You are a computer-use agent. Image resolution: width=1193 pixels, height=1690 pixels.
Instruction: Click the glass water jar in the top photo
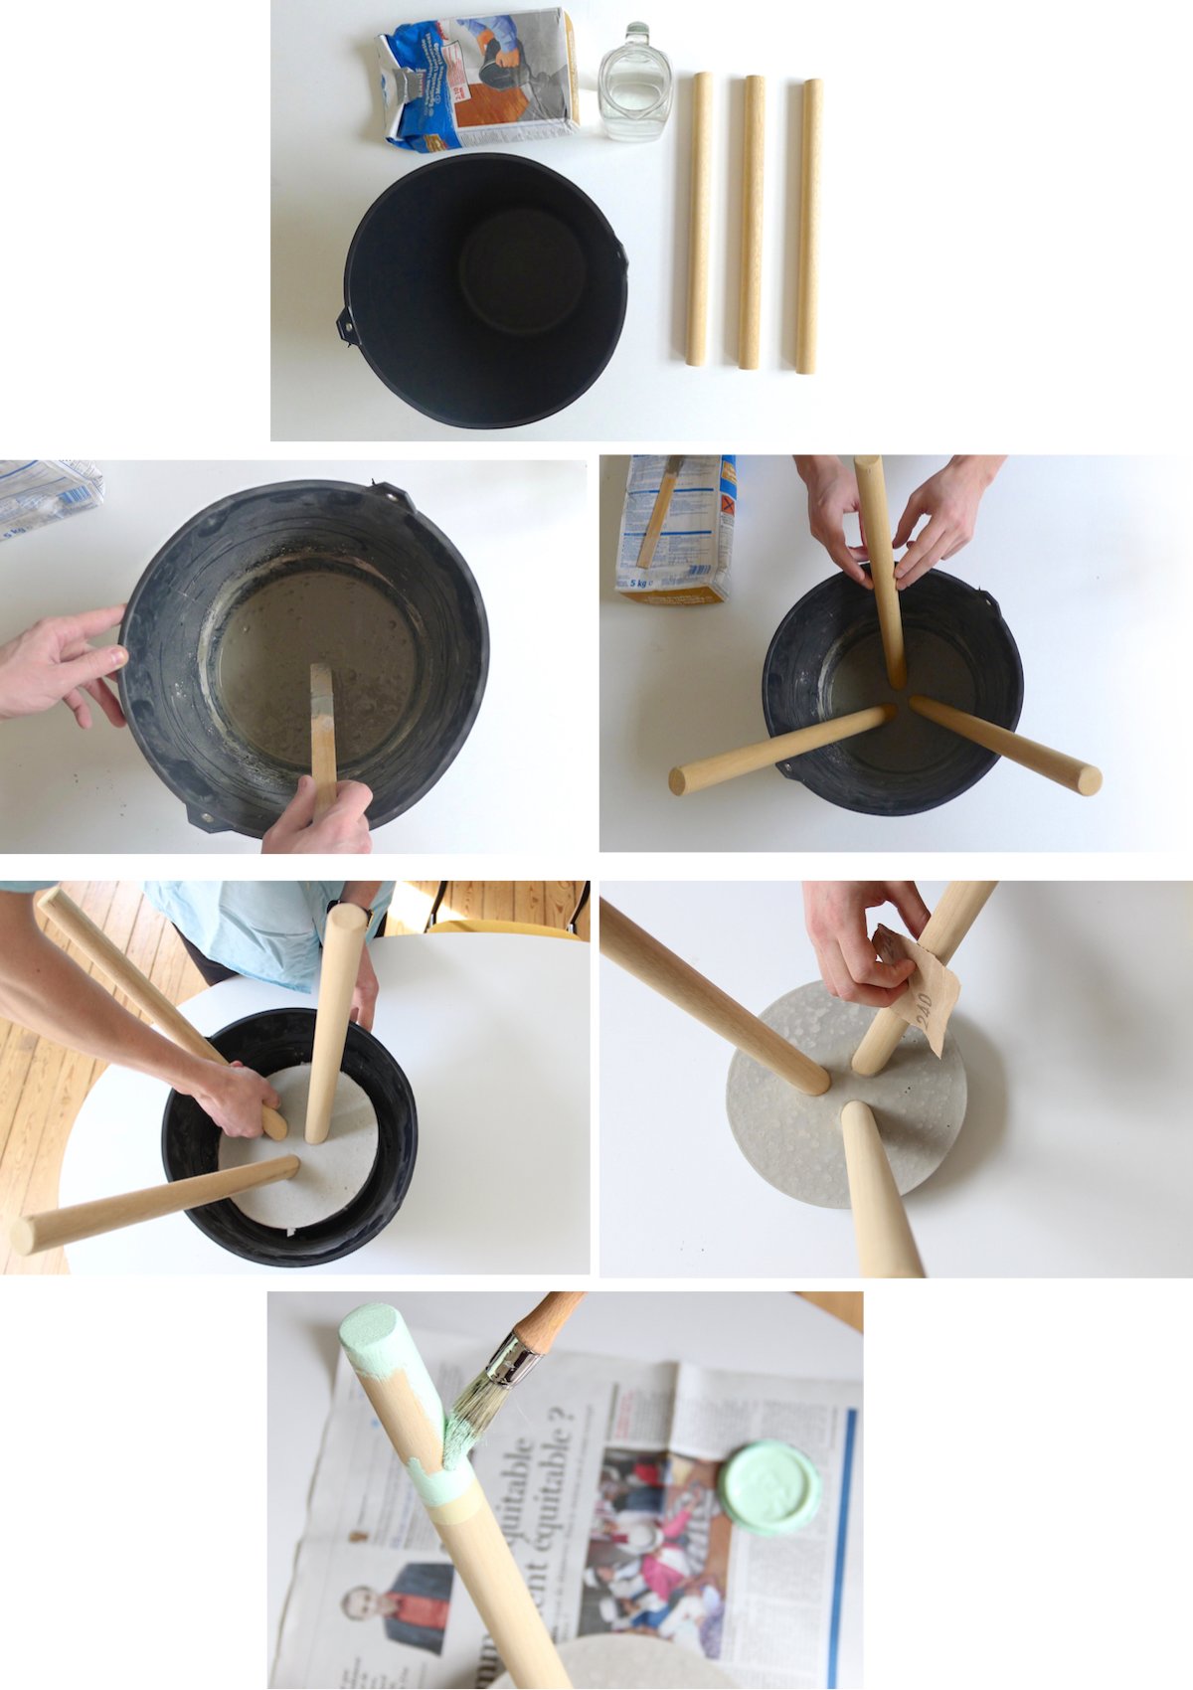tap(634, 84)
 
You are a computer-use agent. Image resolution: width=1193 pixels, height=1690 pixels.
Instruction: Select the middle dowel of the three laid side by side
tap(752, 221)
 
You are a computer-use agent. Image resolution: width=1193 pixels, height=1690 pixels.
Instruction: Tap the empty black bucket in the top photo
tap(485, 288)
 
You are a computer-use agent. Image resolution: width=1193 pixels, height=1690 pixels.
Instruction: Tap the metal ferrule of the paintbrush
tap(510, 1361)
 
